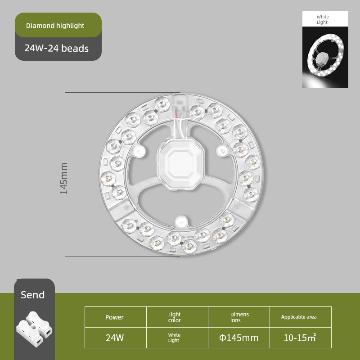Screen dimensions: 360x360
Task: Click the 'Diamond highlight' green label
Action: click(x=58, y=25)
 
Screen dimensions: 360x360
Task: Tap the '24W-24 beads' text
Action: click(x=57, y=49)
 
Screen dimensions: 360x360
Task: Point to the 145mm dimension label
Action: click(x=64, y=178)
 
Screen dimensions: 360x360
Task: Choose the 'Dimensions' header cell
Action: click(x=239, y=317)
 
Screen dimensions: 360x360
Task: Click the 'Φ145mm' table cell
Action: click(x=239, y=338)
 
